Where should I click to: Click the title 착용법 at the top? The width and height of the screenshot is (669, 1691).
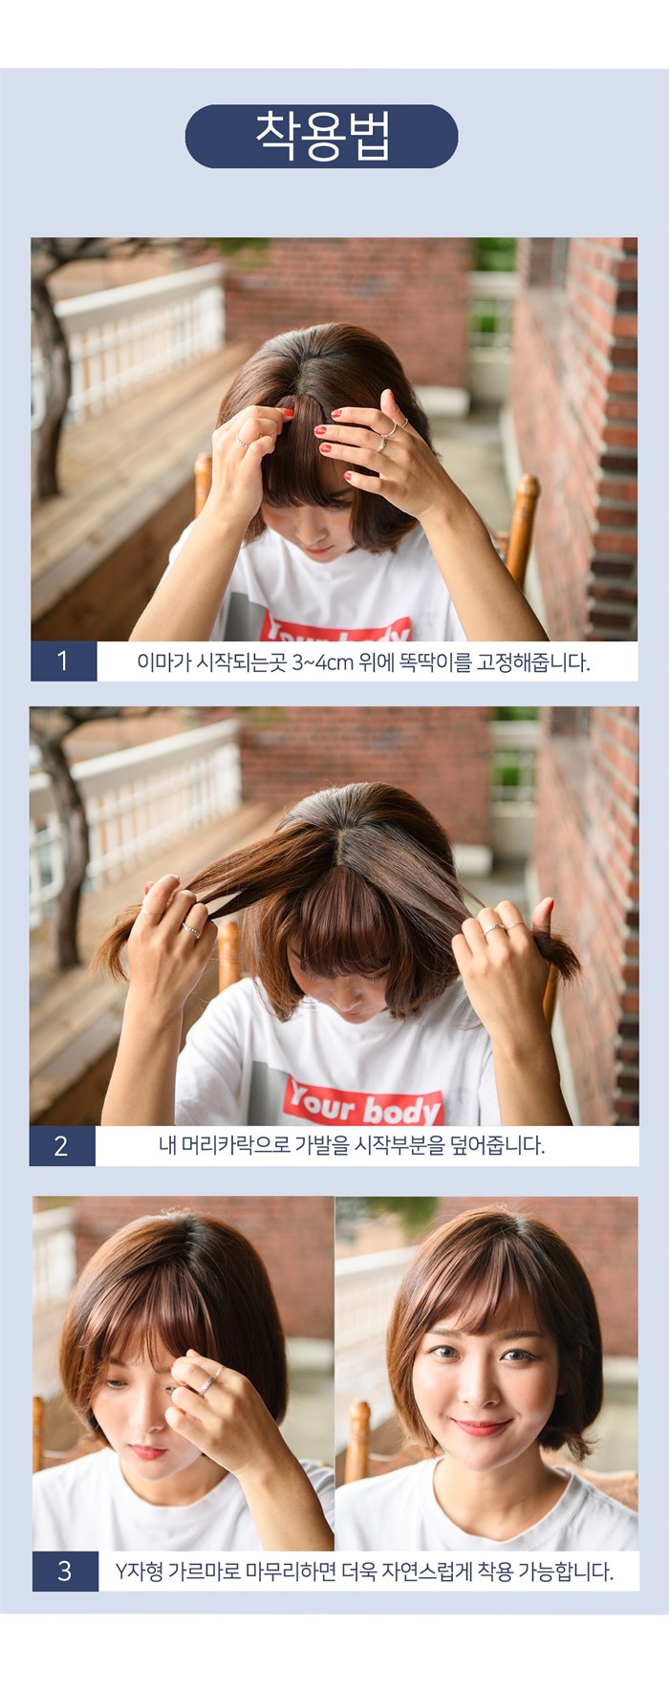[322, 136]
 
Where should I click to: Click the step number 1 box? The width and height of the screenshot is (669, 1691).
[63, 661]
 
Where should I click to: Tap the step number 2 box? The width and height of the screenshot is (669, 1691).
[62, 1145]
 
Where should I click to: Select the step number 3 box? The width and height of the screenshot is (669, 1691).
[65, 1571]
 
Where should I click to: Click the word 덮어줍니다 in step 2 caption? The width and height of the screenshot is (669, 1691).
[499, 1145]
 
